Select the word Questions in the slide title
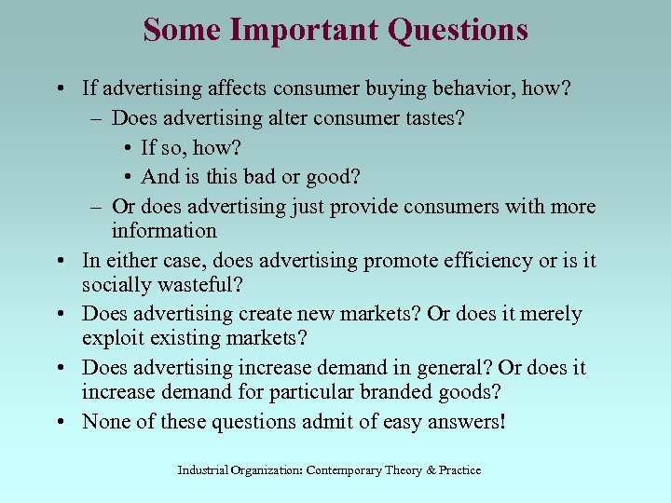458,30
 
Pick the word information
164,230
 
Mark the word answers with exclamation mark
465,422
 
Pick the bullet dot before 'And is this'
127,176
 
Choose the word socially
118,284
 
